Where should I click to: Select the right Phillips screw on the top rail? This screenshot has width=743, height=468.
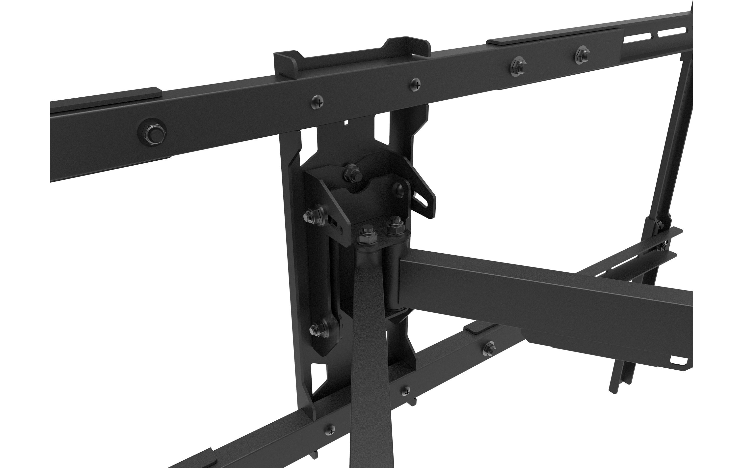point(416,84)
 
